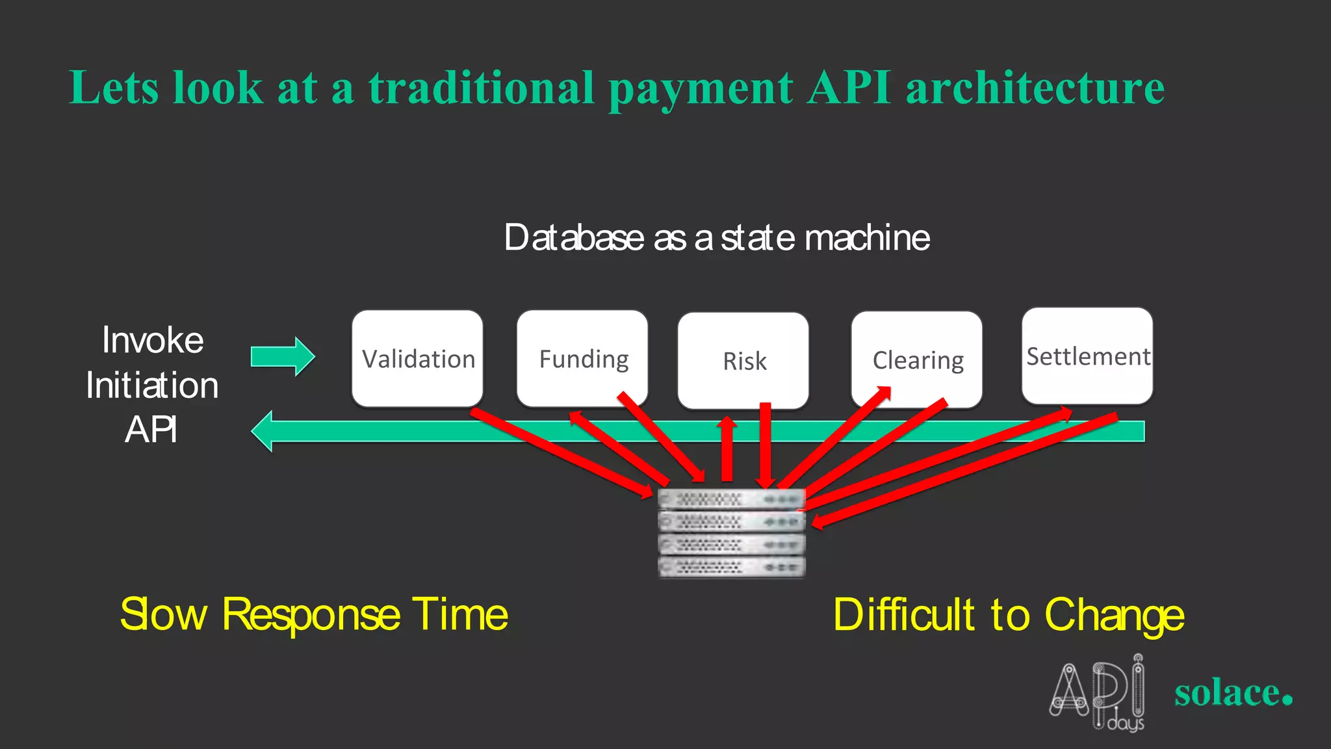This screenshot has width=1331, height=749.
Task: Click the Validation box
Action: (x=417, y=359)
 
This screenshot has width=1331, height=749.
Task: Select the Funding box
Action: (x=582, y=359)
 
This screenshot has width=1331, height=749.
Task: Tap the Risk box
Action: (x=743, y=361)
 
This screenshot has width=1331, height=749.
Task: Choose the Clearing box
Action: (x=916, y=360)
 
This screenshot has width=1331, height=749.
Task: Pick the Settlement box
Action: (x=1087, y=356)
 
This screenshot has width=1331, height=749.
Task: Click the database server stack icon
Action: (x=731, y=533)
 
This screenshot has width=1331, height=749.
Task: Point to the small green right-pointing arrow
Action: (x=283, y=356)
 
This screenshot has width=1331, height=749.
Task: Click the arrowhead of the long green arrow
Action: (x=263, y=431)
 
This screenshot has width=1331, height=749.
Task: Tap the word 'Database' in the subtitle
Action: (x=574, y=238)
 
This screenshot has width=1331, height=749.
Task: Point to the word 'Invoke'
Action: (x=153, y=340)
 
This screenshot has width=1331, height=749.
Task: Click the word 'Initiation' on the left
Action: (x=152, y=385)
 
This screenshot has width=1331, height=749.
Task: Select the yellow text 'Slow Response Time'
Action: (x=314, y=614)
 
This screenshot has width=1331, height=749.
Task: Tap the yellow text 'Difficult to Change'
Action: (x=1008, y=614)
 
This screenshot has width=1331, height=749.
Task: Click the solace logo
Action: (x=1233, y=692)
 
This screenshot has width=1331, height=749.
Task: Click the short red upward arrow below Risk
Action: (x=727, y=449)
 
